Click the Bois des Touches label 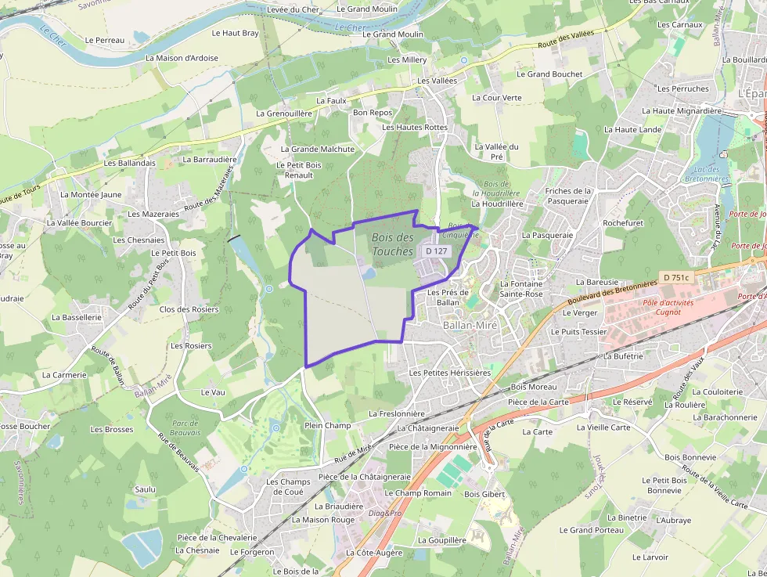point(393,244)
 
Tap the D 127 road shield point(436,251)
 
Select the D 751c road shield point(675,277)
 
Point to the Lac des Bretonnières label point(706,174)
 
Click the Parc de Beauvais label point(185,427)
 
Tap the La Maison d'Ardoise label point(182,58)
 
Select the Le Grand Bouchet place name point(549,74)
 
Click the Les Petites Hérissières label point(449,373)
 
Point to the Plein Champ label point(327,425)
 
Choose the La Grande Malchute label point(317,149)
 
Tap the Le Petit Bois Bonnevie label point(664,485)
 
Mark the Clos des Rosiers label point(189,309)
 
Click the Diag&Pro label point(385,514)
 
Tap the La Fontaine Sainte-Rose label point(521,289)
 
